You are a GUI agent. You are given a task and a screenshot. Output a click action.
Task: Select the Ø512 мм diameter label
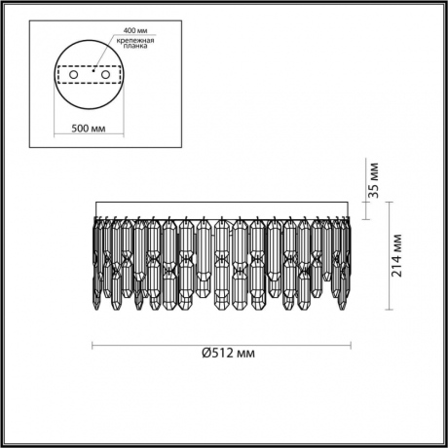[220, 353]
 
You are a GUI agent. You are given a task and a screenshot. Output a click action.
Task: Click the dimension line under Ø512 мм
[220, 343]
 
